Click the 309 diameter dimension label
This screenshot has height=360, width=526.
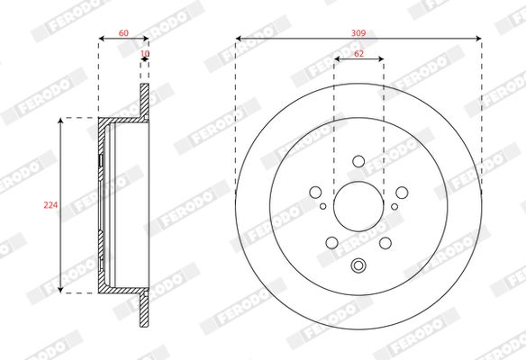point(358,32)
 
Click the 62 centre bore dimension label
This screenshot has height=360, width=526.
point(358,54)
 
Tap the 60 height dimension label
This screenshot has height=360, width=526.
point(123,32)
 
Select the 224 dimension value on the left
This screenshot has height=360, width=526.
point(50,205)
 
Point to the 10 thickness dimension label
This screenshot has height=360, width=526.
point(145,54)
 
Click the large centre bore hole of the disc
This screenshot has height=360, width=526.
point(358,206)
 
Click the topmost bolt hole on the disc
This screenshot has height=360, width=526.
point(358,161)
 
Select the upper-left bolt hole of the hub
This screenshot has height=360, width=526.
point(315,193)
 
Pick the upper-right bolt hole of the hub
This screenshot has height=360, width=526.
point(402,193)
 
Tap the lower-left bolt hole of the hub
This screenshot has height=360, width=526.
point(331,243)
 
